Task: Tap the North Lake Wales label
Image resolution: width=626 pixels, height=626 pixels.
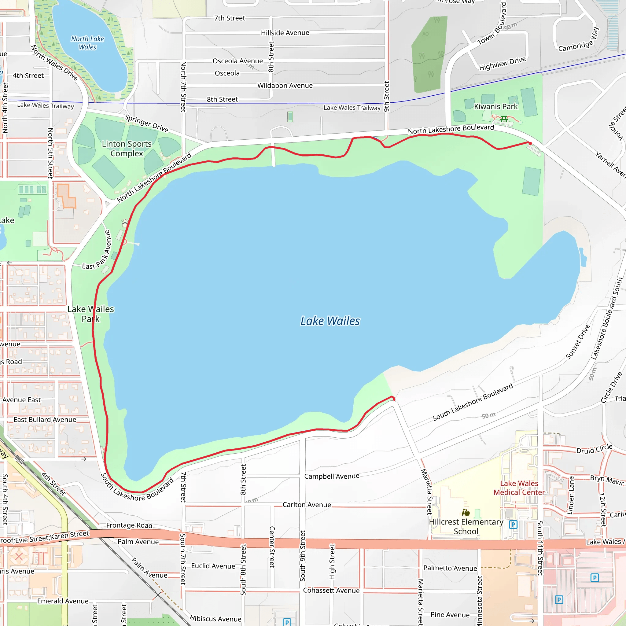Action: click(x=87, y=43)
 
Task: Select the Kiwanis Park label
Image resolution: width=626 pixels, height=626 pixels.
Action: click(x=495, y=107)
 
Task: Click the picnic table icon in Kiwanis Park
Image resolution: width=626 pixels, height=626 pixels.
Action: click(x=504, y=119)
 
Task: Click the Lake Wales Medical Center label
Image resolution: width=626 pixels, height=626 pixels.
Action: click(x=519, y=488)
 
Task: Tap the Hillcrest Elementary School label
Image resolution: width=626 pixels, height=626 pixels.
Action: click(x=466, y=527)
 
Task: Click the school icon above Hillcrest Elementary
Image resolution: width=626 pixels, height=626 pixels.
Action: click(x=466, y=512)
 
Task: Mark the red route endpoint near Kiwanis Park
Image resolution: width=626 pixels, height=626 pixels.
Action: click(x=530, y=143)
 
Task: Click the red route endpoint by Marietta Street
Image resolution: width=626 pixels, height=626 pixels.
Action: click(x=394, y=400)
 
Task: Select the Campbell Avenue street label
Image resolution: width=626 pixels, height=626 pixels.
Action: click(x=331, y=476)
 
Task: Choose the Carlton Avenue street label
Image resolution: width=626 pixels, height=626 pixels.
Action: click(x=307, y=504)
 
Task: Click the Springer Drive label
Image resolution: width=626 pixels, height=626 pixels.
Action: click(x=146, y=123)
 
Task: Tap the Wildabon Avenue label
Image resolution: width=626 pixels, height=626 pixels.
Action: click(x=285, y=86)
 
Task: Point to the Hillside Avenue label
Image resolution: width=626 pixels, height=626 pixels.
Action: click(x=285, y=33)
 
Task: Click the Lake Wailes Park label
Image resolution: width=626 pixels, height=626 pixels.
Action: click(x=90, y=314)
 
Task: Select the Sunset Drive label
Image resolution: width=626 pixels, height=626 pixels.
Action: click(x=577, y=342)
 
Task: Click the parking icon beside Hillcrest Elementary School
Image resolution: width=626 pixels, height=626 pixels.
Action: click(x=513, y=524)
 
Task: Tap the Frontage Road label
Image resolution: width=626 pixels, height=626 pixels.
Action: click(x=129, y=525)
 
